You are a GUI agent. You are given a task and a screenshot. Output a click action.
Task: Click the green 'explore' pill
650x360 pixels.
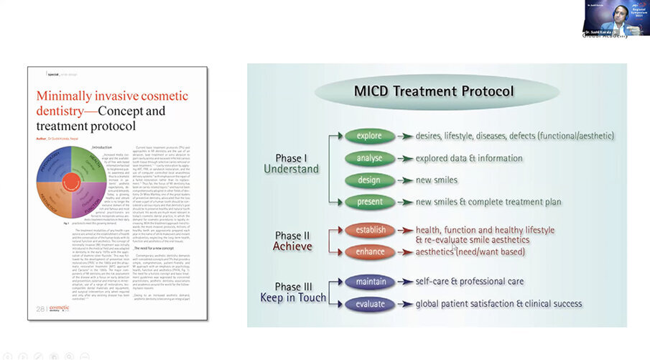369,136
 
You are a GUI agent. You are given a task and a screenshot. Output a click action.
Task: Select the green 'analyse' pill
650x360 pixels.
369,157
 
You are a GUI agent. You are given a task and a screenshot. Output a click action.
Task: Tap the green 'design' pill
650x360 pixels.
369,180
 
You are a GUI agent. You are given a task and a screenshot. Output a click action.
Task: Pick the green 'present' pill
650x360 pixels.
369,202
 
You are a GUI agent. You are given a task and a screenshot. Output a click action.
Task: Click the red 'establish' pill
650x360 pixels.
370,230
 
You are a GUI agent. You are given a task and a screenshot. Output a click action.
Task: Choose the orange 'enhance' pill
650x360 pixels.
370,251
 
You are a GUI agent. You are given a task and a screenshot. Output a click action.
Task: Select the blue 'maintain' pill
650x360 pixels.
370,281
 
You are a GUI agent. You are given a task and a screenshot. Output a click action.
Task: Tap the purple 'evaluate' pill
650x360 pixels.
370,303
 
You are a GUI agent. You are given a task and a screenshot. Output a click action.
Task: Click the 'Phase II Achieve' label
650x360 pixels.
292,241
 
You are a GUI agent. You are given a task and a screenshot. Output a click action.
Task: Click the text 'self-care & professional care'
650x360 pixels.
469,282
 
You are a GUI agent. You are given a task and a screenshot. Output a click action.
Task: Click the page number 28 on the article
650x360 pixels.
40,309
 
